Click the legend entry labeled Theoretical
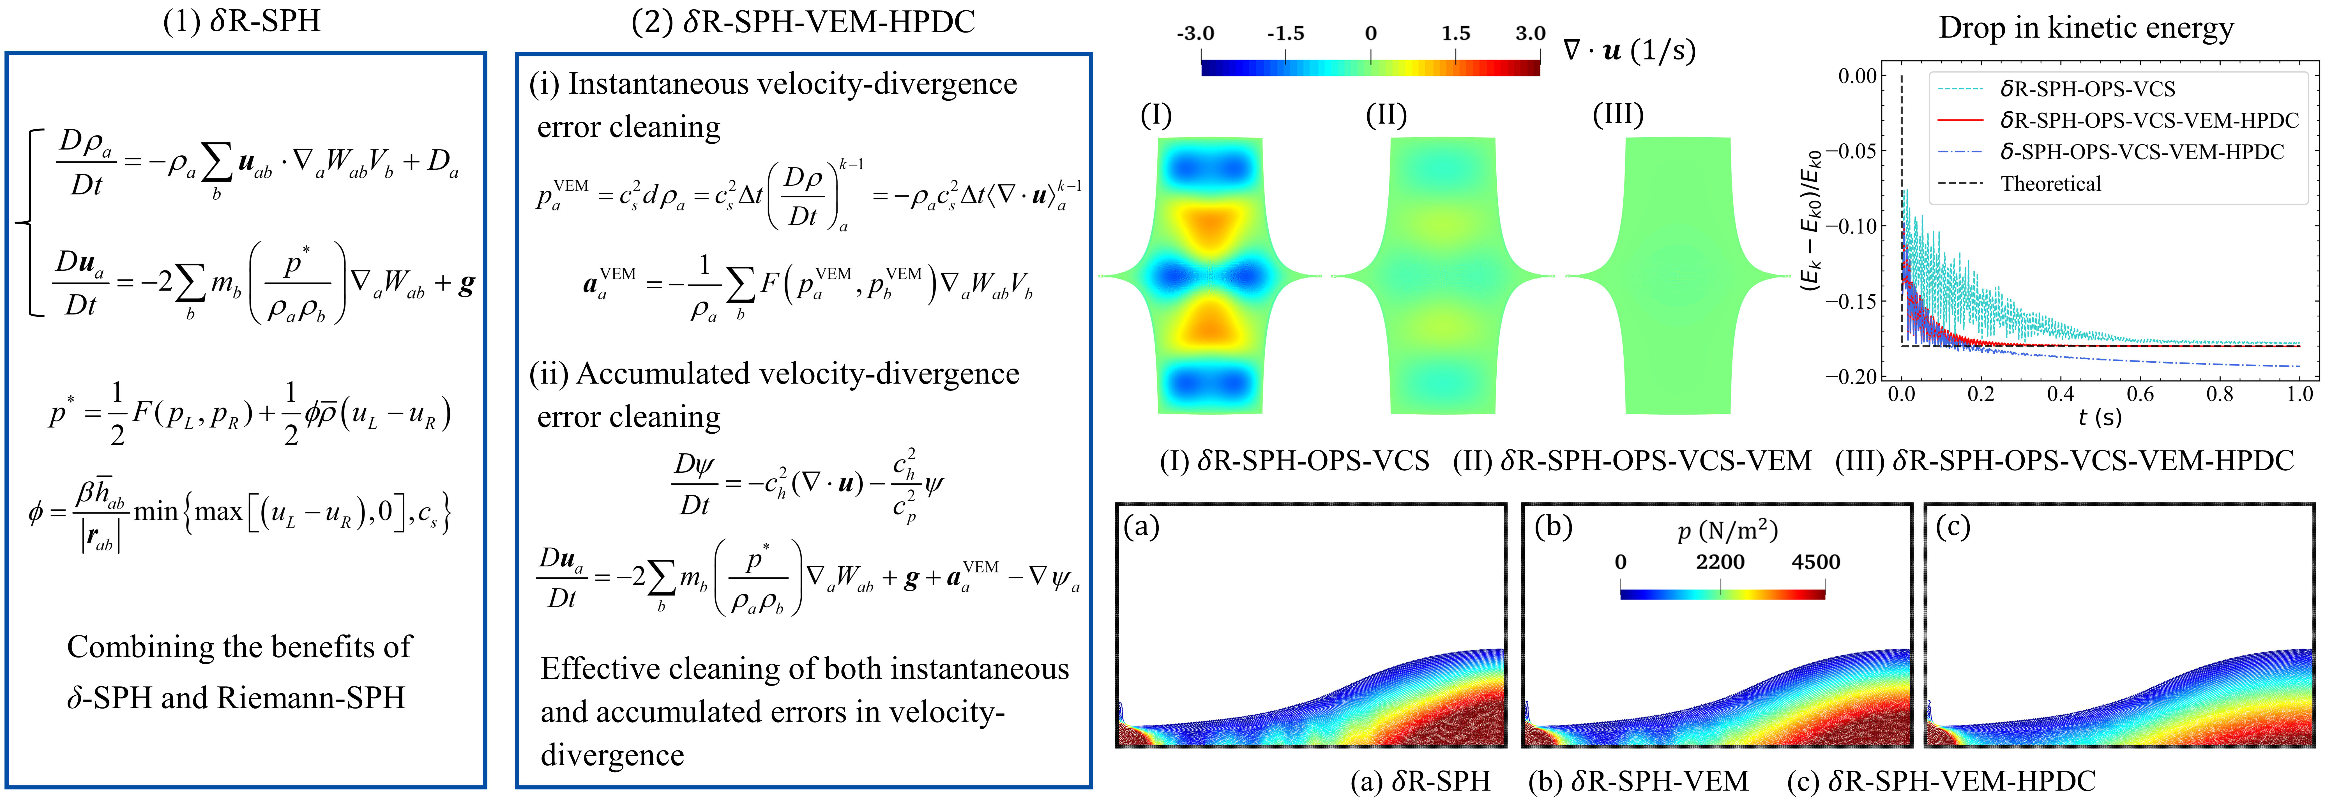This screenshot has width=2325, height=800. [2051, 184]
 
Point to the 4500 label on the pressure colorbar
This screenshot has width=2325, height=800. [1815, 562]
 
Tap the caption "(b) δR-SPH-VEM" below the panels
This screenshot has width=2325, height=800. [1638, 780]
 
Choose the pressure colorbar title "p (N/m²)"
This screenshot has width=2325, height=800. [1727, 530]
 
